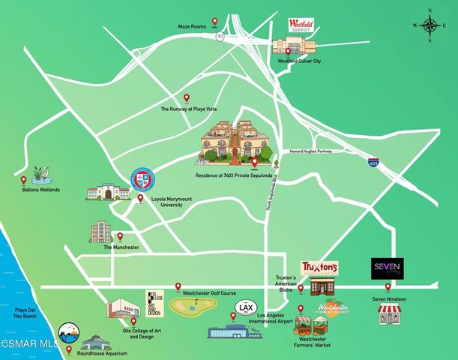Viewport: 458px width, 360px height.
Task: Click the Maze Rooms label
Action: (x=192, y=26)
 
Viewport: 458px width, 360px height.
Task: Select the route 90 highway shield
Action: (x=220, y=35)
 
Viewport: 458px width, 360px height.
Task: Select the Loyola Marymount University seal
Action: (x=144, y=179)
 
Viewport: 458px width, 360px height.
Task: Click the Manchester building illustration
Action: (x=100, y=231)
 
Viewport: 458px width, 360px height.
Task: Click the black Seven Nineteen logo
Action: (x=388, y=266)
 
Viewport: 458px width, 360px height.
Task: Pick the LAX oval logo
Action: (x=245, y=308)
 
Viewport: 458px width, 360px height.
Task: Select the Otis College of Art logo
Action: (x=154, y=303)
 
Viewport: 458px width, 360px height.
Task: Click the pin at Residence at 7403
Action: (x=254, y=162)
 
